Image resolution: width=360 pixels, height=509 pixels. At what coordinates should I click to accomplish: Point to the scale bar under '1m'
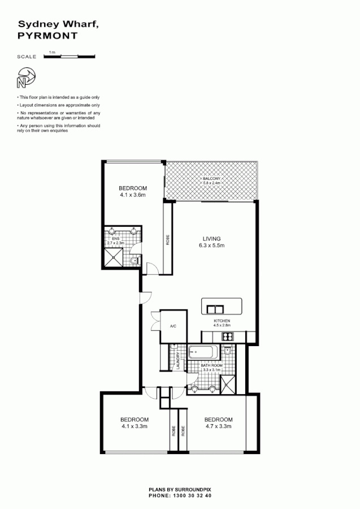click(x=69, y=57)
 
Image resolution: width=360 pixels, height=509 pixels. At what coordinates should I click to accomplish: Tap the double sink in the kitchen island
click(x=215, y=309)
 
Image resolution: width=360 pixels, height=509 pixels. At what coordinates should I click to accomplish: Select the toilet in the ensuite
click(x=133, y=261)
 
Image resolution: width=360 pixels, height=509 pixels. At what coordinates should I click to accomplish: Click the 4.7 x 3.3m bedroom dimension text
click(x=218, y=426)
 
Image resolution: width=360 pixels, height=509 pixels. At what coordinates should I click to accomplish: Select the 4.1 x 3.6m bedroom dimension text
click(x=133, y=195)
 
